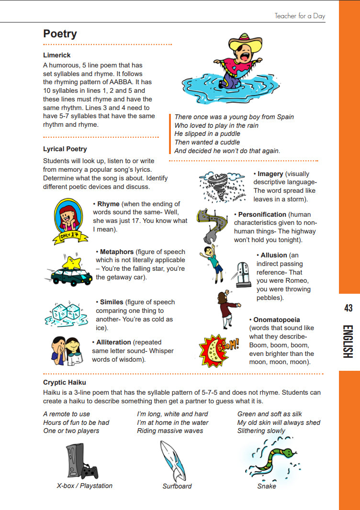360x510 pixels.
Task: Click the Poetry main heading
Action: (60, 33)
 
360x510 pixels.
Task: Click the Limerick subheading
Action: (56, 55)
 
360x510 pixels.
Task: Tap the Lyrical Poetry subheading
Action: (65, 149)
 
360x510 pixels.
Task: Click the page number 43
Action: (348, 309)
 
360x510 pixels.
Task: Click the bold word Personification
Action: (262, 214)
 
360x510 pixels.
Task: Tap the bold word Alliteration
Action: (113, 342)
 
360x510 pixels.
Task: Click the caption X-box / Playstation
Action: (84, 486)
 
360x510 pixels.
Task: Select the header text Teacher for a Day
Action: (300, 16)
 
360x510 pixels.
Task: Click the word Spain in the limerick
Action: (285, 117)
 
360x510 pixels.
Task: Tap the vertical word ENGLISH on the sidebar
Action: (348, 342)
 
